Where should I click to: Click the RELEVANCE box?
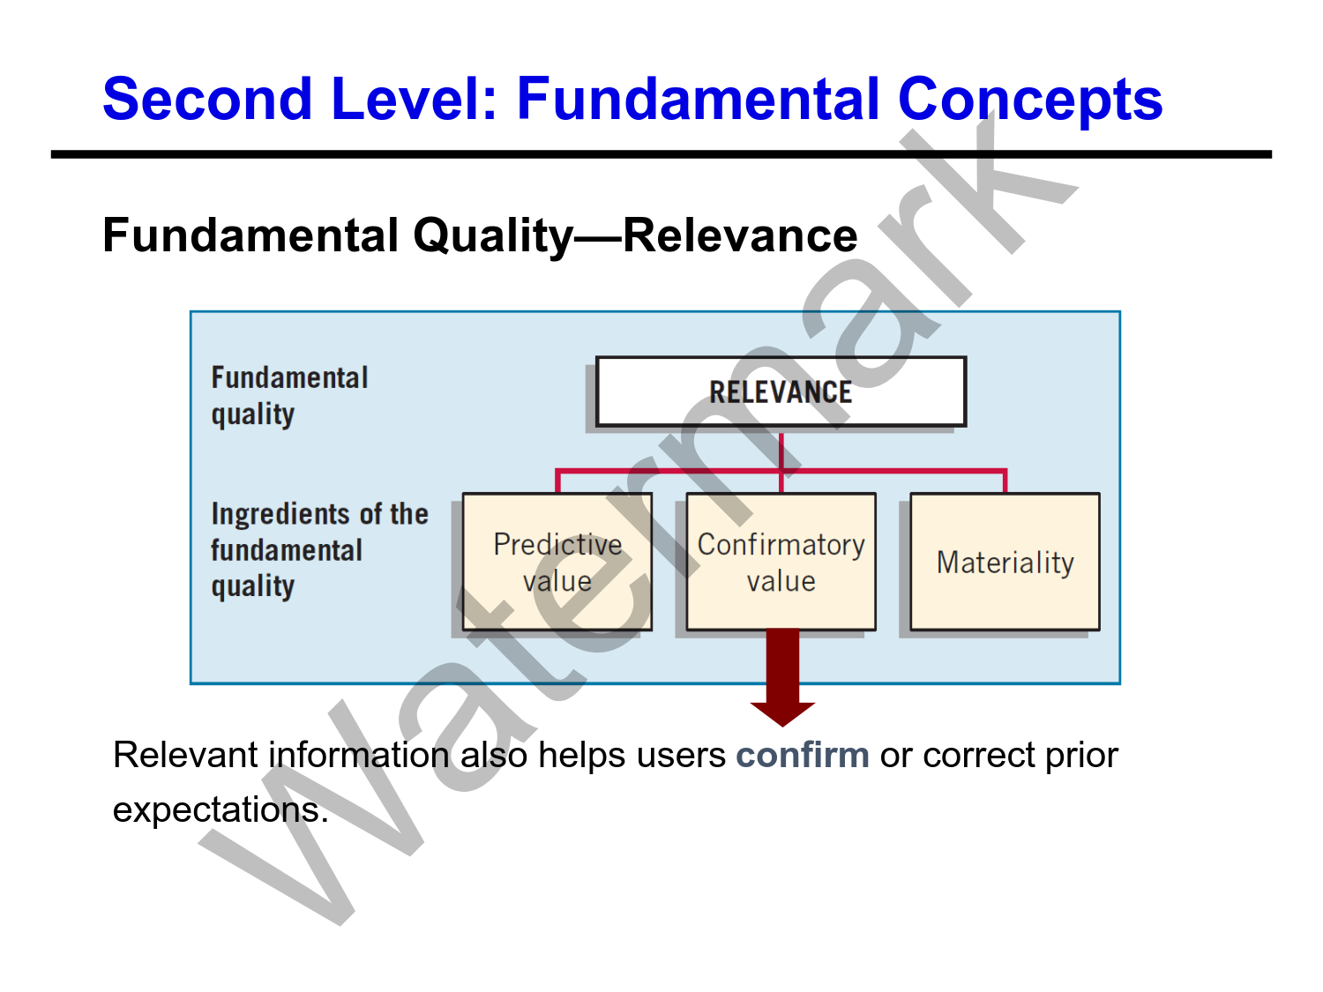[781, 392]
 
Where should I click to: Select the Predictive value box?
[557, 562]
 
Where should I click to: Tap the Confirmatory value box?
[781, 562]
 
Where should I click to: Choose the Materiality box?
[1005, 562]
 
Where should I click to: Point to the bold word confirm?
[803, 756]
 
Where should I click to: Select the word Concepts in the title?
[1029, 99]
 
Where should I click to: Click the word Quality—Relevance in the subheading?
[635, 235]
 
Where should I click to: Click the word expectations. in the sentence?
[220, 809]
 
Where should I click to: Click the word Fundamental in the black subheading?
[250, 235]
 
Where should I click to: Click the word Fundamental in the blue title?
[698, 99]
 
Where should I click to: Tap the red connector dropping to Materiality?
[1005, 481]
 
